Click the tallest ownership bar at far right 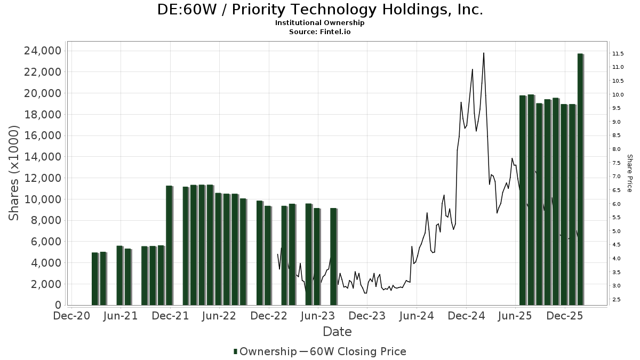[x=580, y=179]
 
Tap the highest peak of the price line [x=484, y=53]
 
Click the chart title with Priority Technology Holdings [x=320, y=10]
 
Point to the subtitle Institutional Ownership [x=320, y=23]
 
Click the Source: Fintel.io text [x=320, y=31]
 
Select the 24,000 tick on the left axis [x=41, y=51]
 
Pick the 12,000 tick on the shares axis [x=41, y=178]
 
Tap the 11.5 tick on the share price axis [x=619, y=53]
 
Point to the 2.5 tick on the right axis [x=617, y=300]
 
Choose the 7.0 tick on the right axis [x=617, y=177]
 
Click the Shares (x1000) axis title [x=14, y=173]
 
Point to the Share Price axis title [x=629, y=173]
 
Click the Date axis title [x=337, y=332]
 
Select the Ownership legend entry [x=265, y=351]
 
